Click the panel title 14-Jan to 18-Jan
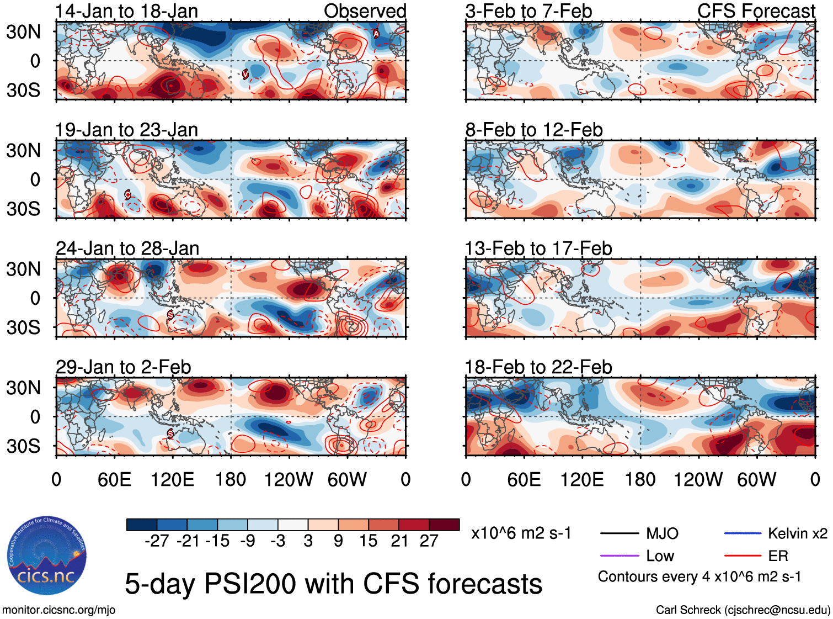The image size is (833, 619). point(126,11)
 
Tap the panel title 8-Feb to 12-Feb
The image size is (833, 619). point(533,130)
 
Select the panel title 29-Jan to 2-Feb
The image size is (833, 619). point(123,367)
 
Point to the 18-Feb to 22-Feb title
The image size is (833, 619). point(538,367)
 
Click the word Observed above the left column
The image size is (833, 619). point(365,11)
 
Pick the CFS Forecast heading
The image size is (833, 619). point(756,11)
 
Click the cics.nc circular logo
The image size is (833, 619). point(47,556)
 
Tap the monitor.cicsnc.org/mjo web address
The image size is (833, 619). point(59,610)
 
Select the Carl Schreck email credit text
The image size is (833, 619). point(743,610)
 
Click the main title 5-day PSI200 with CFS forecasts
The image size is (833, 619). point(333,584)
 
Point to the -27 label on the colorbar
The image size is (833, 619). point(157,541)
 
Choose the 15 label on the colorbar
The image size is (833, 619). point(368,541)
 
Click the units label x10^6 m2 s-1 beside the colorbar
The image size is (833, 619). point(521,533)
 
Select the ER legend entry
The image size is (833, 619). point(778,556)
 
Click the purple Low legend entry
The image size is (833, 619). point(660,556)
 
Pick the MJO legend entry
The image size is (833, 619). point(662,533)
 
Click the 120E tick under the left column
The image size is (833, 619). point(172,479)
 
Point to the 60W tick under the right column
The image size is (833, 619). point(756,479)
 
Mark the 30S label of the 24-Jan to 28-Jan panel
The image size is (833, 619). point(23,327)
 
